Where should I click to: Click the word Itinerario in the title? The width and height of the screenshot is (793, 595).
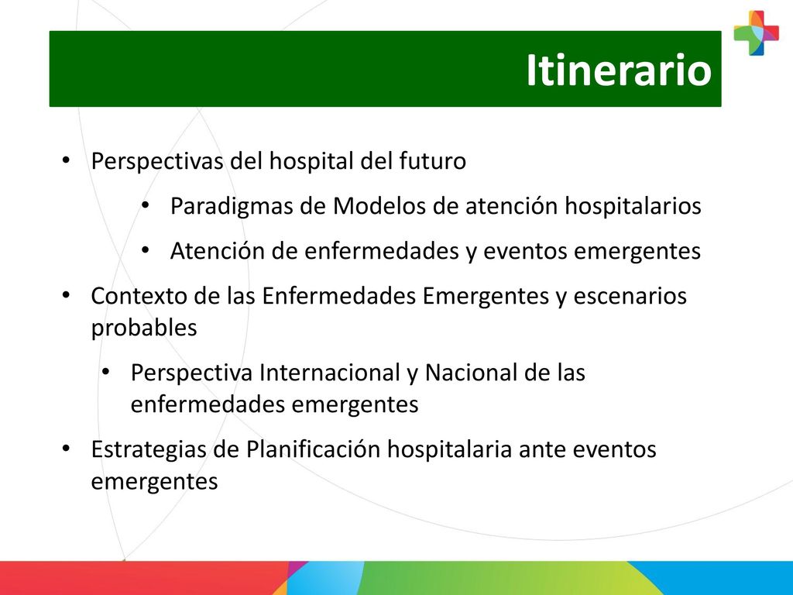click(619, 70)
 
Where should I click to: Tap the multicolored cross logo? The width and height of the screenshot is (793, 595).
click(757, 33)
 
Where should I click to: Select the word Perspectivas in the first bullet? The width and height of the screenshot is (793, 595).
click(157, 162)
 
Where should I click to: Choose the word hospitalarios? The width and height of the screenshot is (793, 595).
click(633, 206)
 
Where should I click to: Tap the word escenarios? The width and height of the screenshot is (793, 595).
click(630, 297)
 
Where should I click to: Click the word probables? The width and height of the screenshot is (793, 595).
click(143, 328)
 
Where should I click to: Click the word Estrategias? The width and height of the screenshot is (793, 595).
click(148, 450)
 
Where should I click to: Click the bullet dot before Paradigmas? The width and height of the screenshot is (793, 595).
click(146, 205)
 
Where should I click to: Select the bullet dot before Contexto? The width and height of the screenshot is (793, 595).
click(66, 295)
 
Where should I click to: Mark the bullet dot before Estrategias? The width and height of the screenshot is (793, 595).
click(66, 449)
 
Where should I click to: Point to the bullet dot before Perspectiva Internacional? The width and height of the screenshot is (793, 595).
click(105, 372)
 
